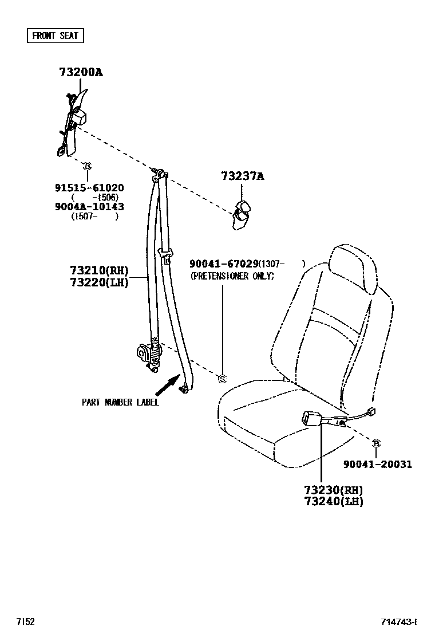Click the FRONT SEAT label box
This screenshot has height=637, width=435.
56,36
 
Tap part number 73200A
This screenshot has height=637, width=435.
81,72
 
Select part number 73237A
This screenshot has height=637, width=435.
243,177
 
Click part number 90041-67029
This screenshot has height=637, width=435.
224,264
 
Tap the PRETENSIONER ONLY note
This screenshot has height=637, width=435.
232,276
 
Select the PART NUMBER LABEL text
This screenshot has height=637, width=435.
120,402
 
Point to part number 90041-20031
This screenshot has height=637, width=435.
378,465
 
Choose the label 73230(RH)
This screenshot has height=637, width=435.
334,490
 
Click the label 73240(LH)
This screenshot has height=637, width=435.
334,502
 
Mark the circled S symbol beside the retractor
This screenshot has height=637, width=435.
223,378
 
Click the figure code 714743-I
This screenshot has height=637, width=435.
400,622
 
